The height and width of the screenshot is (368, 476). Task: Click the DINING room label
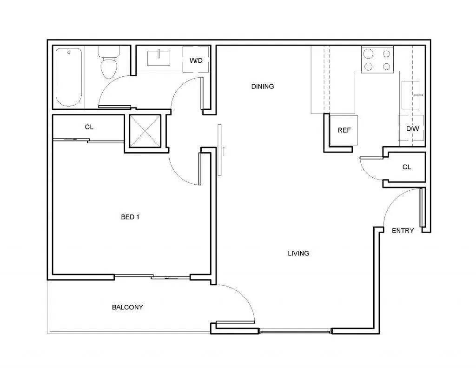(263, 86)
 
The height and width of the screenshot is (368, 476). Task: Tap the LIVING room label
(298, 253)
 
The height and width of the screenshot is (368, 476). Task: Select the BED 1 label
(130, 217)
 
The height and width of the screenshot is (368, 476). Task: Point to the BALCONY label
(127, 307)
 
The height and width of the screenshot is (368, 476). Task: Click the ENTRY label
(403, 230)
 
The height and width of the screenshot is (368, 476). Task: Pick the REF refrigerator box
(344, 130)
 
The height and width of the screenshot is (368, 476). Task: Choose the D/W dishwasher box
(412, 128)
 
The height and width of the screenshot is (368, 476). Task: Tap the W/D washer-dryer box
(196, 60)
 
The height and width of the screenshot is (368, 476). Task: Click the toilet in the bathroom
(109, 65)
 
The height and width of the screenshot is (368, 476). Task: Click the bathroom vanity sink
(159, 59)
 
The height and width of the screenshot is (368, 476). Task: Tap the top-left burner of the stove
(368, 54)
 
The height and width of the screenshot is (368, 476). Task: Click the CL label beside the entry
(406, 167)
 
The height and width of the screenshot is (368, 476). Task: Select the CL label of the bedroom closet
(89, 127)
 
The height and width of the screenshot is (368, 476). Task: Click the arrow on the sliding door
(225, 151)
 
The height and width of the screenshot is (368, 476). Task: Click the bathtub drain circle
(68, 53)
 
